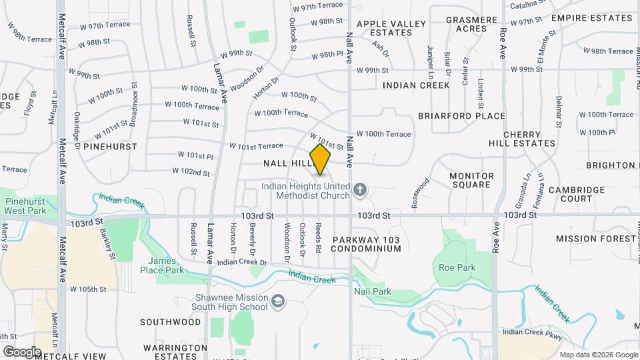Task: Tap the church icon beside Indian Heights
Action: pos(360,191)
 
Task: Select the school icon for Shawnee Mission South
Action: pos(277,303)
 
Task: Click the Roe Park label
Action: pos(457,267)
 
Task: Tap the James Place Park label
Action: pos(161,266)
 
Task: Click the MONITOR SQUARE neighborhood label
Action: pos(471,180)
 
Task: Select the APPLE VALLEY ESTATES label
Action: pos(391,28)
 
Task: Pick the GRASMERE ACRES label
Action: pos(471,24)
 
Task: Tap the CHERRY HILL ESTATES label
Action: pos(529,139)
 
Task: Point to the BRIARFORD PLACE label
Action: pos(461,116)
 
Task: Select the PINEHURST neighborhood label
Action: pos(111,146)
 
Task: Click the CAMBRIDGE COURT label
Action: pos(577,194)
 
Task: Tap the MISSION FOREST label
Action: pos(595,238)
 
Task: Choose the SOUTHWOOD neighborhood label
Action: pos(170,322)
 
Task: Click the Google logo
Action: pos(22,351)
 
